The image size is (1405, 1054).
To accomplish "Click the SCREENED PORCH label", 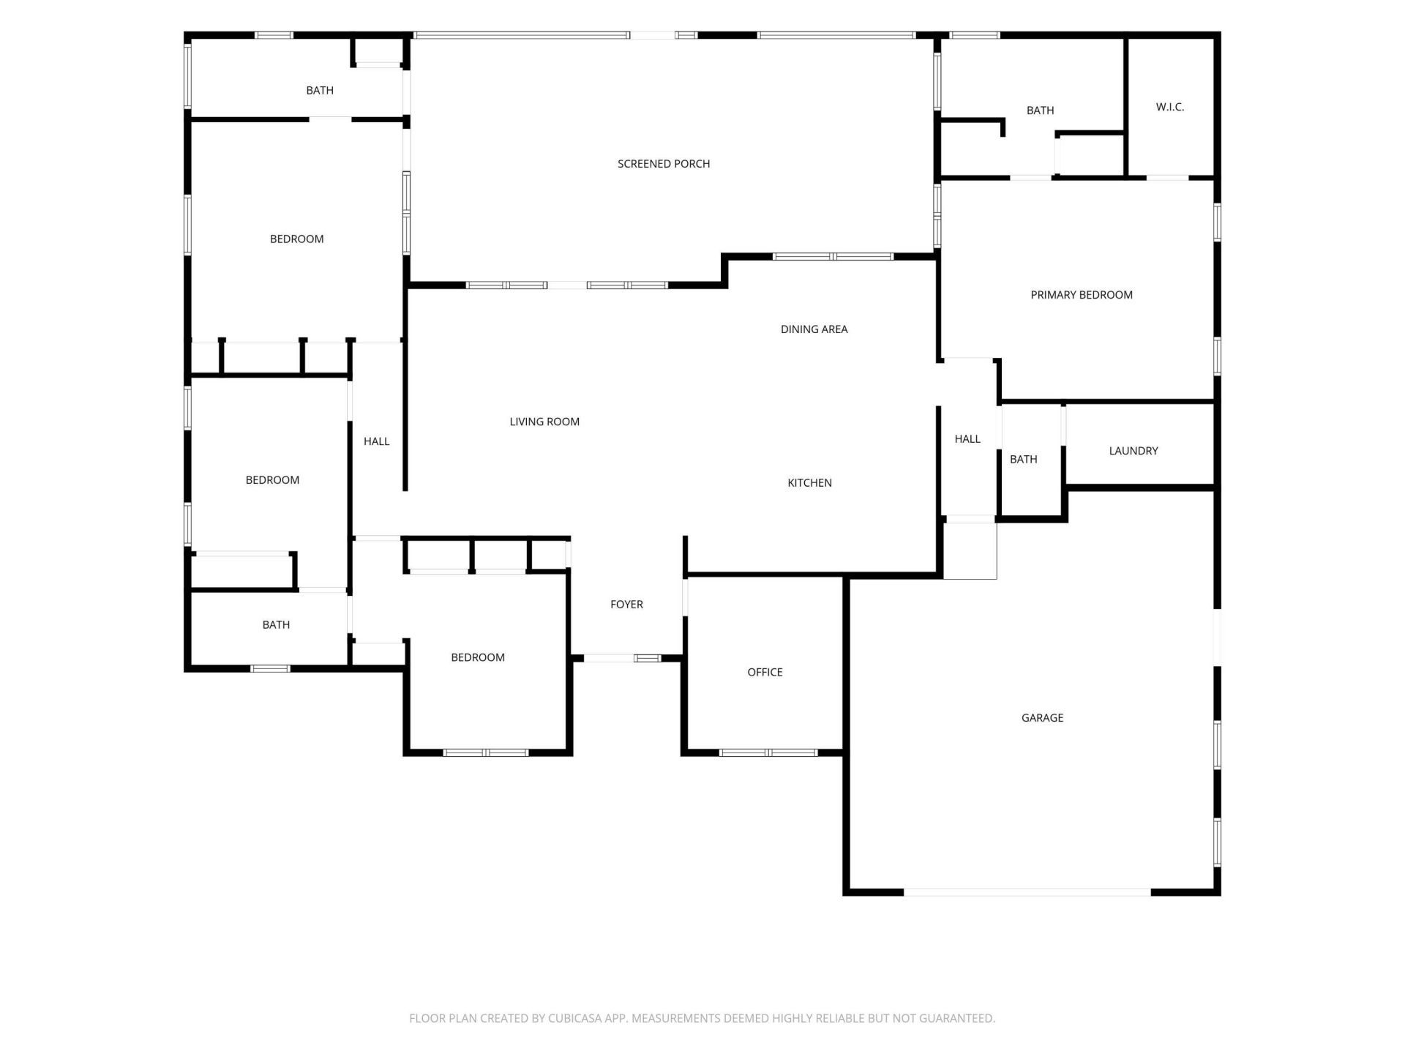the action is click(664, 164).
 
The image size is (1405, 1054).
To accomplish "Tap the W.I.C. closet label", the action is click(1169, 107).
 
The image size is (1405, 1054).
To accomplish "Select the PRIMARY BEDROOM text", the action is click(1082, 295).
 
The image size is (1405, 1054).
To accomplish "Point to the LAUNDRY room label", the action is click(1134, 451).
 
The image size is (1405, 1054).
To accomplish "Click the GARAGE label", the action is click(1042, 718).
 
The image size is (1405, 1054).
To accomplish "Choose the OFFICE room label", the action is click(765, 672).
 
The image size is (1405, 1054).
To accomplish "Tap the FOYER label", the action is click(626, 605).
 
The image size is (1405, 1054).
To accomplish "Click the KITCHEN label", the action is click(809, 483).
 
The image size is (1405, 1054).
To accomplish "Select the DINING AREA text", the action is click(814, 329).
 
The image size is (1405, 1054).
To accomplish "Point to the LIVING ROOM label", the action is click(544, 422).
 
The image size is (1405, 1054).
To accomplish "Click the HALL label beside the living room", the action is click(376, 441).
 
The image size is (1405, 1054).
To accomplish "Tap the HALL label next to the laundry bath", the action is click(967, 439).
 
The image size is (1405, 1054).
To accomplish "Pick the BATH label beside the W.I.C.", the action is click(1040, 111).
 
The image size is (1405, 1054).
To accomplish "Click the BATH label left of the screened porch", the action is click(320, 91).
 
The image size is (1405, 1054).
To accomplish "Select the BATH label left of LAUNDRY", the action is click(1023, 460).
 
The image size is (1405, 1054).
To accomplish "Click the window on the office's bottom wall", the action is click(768, 752).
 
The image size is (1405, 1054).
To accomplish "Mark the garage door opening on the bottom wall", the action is click(1027, 892).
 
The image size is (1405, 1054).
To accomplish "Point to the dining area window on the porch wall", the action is click(833, 257).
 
